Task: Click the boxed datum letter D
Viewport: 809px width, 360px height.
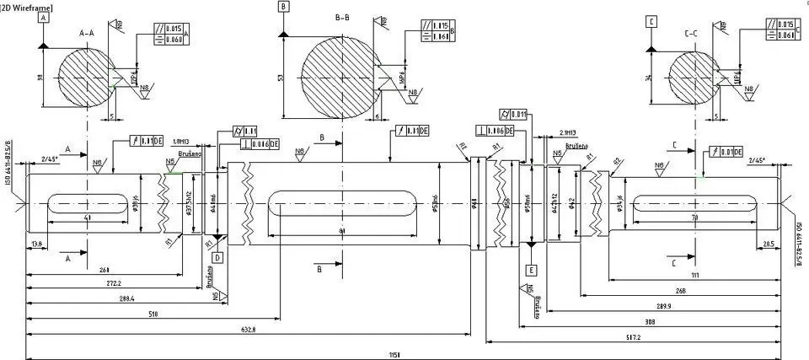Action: click(x=217, y=257)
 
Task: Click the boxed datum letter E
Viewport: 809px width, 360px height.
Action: click(x=531, y=270)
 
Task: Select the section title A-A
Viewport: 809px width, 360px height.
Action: click(x=87, y=33)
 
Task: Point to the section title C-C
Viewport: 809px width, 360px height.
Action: click(x=694, y=34)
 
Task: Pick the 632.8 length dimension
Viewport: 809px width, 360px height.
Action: click(x=248, y=328)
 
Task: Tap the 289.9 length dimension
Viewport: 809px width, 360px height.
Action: click(x=662, y=306)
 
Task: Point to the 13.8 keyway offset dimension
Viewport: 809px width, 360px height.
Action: click(x=36, y=243)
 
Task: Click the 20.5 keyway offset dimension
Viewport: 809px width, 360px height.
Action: click(x=768, y=244)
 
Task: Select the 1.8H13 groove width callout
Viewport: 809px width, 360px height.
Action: click(x=179, y=142)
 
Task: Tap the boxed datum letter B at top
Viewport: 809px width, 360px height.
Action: click(x=282, y=7)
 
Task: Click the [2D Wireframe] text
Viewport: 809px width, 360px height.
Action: click(x=27, y=7)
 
